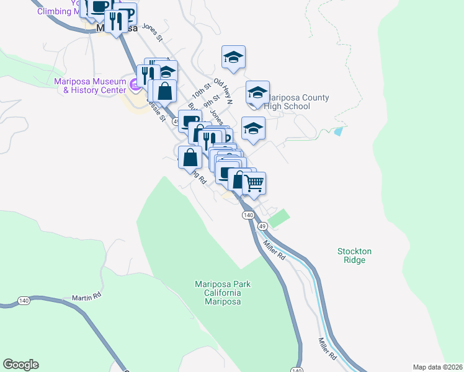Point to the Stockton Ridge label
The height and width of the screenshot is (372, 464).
354,255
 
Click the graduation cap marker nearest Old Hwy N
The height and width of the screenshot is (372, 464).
233,57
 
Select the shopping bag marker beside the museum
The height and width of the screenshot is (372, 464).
165,91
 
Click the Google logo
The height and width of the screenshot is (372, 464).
20,365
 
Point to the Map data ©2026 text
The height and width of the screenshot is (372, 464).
437,367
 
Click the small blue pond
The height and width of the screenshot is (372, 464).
337,131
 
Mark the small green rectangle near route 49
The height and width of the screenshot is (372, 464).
279,218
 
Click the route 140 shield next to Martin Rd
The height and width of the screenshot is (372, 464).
24,301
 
